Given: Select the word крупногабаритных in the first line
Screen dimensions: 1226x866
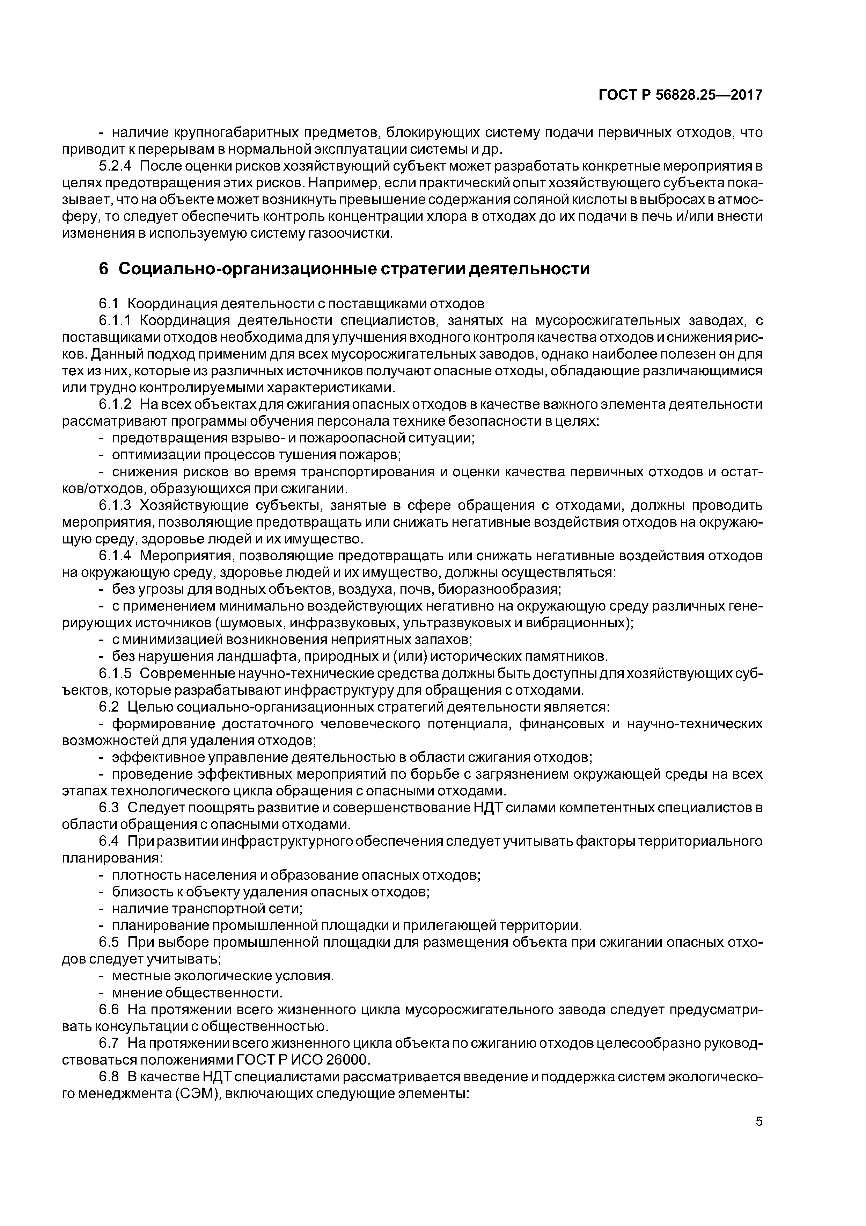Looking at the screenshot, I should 235,132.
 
